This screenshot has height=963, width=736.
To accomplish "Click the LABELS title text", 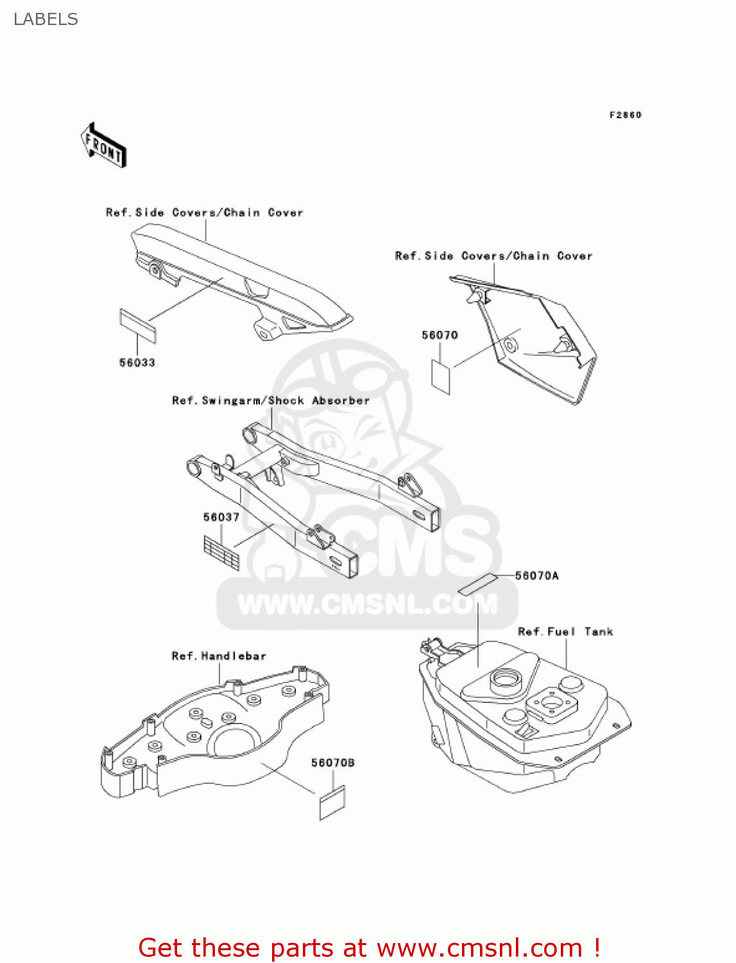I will point(46,19).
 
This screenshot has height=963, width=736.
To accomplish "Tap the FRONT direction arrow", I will point(103,146).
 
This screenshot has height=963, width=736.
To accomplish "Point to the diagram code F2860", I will point(625,115).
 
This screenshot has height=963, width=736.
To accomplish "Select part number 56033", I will point(137,363).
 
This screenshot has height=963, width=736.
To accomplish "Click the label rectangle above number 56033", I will point(138,326).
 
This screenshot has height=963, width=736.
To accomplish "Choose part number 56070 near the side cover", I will point(440,335).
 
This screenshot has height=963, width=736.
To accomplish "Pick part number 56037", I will point(221,517).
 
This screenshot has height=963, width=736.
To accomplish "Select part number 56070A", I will point(537,576).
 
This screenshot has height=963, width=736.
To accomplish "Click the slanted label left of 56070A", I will point(478,583).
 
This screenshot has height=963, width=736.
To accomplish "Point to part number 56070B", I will point(333,763).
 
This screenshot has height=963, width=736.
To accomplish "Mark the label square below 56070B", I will point(332,802).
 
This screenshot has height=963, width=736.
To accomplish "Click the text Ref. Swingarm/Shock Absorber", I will point(271,401).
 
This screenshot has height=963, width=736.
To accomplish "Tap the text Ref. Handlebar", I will point(219,656).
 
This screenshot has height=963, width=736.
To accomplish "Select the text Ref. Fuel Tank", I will point(565,632).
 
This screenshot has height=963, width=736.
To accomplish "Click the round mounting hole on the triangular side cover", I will point(511,345).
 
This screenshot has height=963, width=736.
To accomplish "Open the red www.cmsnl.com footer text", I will point(369,948).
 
